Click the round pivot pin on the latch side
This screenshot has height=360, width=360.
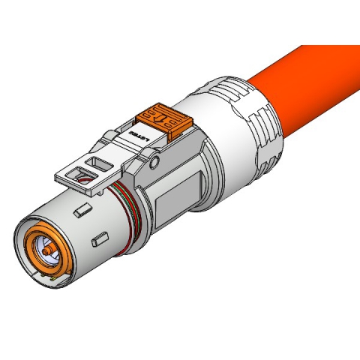(156, 163)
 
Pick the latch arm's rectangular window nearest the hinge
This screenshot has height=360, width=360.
(97, 163)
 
